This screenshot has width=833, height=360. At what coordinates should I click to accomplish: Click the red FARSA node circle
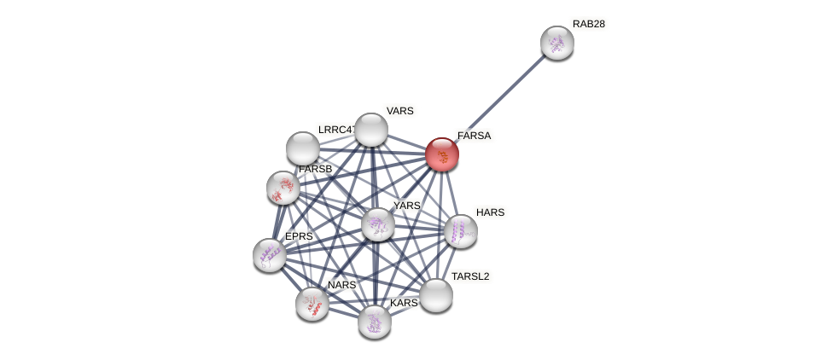442,154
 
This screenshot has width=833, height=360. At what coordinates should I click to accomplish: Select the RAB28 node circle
556,43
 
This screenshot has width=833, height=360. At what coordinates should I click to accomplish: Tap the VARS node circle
371,130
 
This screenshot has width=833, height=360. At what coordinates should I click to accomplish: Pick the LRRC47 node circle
303,148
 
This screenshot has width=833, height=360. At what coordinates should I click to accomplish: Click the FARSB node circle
283,188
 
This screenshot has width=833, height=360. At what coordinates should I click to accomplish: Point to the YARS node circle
377,224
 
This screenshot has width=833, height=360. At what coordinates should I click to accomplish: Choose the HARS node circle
461,231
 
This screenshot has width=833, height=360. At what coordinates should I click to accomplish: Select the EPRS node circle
270,255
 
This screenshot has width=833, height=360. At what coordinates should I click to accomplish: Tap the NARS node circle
312,303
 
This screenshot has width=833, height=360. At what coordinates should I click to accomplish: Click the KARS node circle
374,322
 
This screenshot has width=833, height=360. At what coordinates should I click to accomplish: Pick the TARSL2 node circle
436,295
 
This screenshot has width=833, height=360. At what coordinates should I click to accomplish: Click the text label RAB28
589,24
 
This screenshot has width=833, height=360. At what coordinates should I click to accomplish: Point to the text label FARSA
474,136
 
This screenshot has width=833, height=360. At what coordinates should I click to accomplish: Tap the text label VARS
399,111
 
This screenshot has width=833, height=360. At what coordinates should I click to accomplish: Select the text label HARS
490,212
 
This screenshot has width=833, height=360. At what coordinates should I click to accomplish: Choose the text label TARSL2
470,276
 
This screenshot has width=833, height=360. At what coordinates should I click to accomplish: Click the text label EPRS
299,236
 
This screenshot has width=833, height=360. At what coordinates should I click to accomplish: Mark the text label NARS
341,285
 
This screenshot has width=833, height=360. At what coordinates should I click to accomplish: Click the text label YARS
407,206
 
